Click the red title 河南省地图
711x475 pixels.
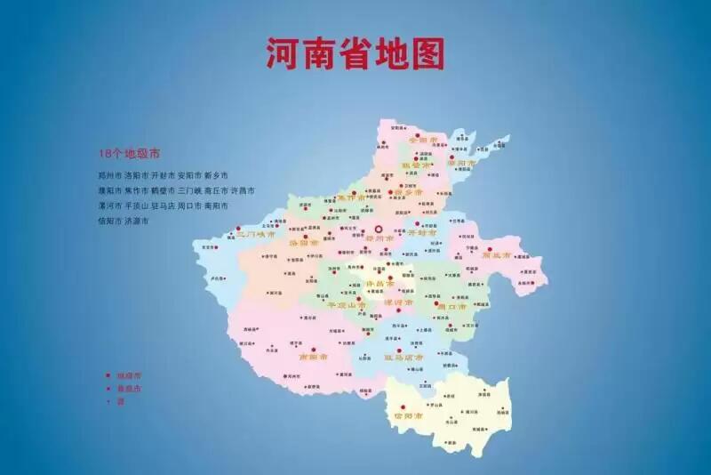click(355, 52)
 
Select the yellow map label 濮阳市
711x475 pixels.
click(462, 164)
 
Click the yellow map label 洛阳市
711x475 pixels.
click(303, 242)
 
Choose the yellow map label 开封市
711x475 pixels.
click(422, 233)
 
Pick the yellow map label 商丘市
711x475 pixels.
click(496, 255)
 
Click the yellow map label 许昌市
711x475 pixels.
click(379, 284)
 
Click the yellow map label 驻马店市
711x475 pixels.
click(403, 357)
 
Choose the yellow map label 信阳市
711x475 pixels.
click(408, 415)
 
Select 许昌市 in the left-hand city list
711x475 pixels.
click(243, 190)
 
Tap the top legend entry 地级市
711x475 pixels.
click(130, 374)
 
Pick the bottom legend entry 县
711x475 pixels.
click(120, 401)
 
